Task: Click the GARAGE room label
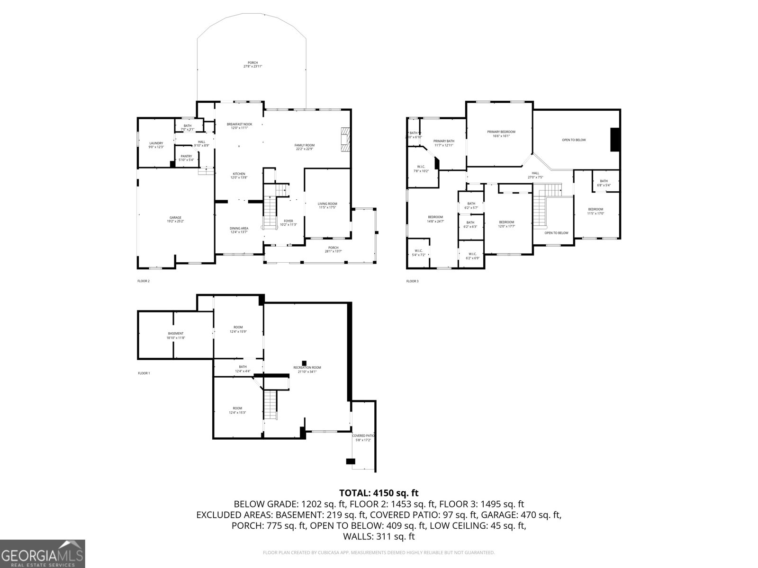tap(175, 219)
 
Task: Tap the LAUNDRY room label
tap(156, 145)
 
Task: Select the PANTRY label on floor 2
tap(186, 158)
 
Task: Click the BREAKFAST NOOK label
tap(239, 126)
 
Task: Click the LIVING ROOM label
tap(327, 205)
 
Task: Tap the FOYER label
tap(288, 222)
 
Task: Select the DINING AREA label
tap(239, 230)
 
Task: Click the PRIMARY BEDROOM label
tap(501, 133)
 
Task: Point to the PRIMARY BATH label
tap(443, 142)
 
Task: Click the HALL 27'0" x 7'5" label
tap(535, 175)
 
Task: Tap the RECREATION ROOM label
tap(307, 369)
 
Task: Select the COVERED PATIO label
tap(363, 437)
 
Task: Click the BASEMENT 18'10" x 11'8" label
tap(175, 335)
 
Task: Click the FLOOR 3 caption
tap(412, 281)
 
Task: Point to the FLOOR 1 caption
tap(144, 373)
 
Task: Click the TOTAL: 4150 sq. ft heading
tap(379, 493)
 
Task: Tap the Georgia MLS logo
tap(42, 553)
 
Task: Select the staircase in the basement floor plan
tap(270, 404)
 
